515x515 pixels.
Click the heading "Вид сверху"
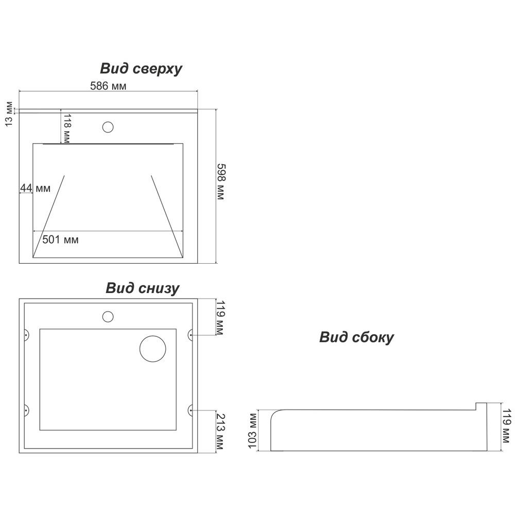click(141, 69)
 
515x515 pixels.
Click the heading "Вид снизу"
click(143, 288)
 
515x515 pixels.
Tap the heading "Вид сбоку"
click(356, 337)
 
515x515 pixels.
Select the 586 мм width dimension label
click(108, 85)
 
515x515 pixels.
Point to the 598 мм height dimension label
click(221, 182)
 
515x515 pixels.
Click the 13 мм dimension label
click(9, 114)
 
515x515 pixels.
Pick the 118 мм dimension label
click(66, 128)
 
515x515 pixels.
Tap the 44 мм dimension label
click(35, 188)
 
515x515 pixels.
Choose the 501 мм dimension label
click(60, 239)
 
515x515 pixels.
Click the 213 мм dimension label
click(220, 431)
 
